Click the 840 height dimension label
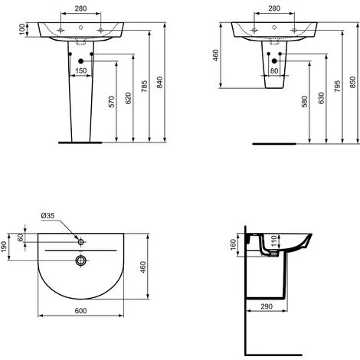159,82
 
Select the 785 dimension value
144,86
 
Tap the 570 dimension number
112,102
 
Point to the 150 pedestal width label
81,70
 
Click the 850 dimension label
352,82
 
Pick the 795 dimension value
337,86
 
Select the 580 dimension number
305,102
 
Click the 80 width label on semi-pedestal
274,70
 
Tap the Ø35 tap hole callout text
47,215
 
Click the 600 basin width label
80,311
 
